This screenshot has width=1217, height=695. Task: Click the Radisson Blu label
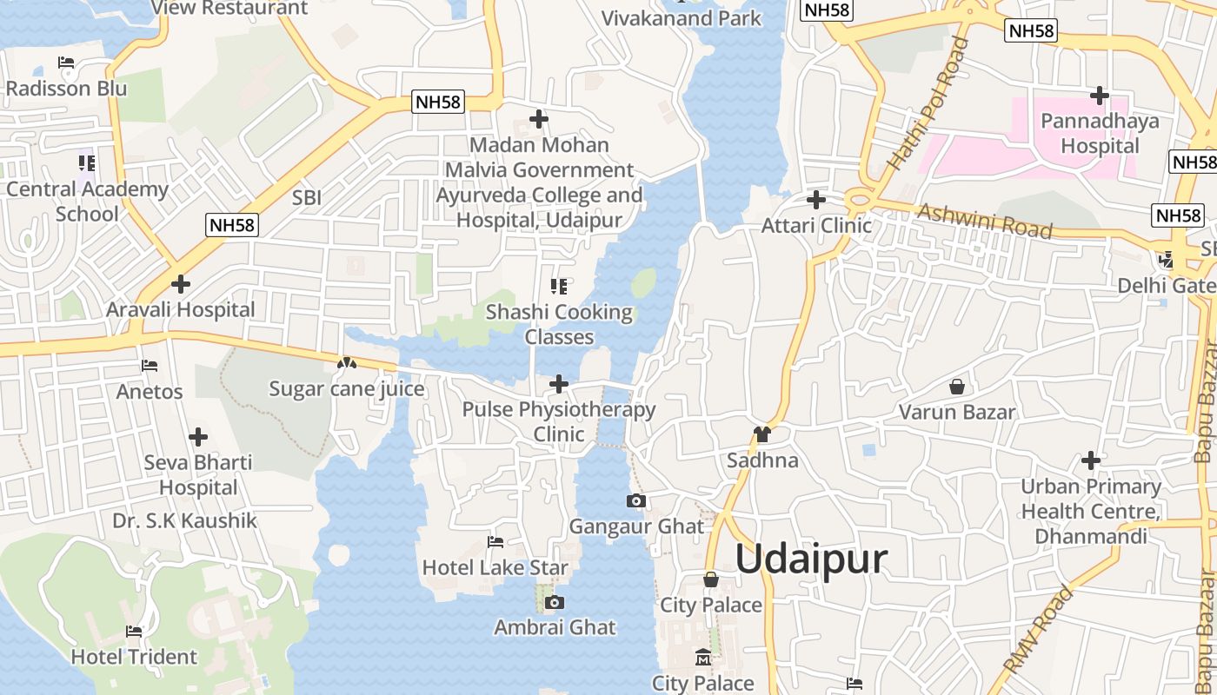pos(66,89)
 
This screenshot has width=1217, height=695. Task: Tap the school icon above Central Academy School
pos(87,162)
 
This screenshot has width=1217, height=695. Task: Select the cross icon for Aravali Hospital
pos(181,284)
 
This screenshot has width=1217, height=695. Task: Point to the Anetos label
pos(150,392)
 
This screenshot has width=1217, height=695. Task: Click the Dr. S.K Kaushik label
pos(184,520)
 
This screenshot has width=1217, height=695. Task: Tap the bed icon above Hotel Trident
pos(134,632)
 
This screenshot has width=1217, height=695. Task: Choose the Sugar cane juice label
pos(346,388)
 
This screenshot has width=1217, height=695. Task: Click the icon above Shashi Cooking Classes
pos(559,286)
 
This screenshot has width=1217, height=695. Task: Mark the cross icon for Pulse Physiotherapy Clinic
pos(559,383)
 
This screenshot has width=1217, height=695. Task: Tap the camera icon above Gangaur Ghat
pos(636,501)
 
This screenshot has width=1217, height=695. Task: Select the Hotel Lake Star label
pos(495,568)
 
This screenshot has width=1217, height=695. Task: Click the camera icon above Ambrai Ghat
pos(555,602)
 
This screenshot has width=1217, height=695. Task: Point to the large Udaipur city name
pos(811,559)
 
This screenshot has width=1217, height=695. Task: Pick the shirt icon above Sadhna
pos(762,434)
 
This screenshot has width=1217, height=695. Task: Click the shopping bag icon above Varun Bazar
pos(957,386)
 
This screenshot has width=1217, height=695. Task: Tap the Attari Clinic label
pos(816,226)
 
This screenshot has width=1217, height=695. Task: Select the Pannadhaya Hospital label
pos(1100,133)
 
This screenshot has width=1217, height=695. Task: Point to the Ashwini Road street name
pos(985,221)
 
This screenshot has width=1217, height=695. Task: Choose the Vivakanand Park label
pos(681,18)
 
